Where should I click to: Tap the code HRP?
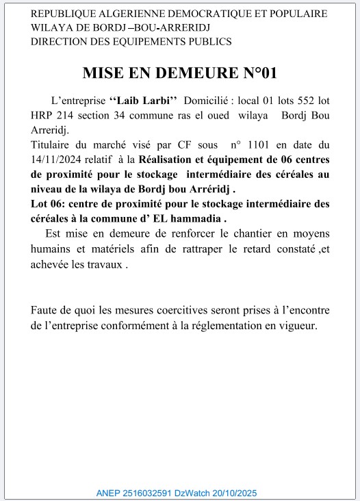tap(44, 115)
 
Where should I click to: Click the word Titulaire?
tap(53, 144)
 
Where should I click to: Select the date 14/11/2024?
tap(59, 159)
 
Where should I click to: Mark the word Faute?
tap(45, 310)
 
